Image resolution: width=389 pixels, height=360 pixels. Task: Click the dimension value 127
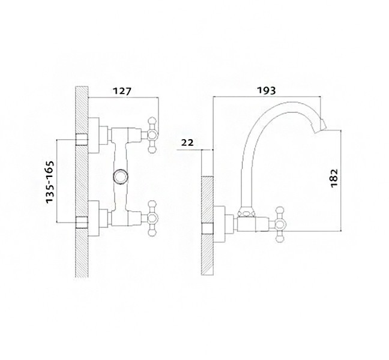coord(122,91)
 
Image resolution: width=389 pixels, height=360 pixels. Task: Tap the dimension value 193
coord(266,91)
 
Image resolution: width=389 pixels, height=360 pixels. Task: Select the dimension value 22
coord(187,143)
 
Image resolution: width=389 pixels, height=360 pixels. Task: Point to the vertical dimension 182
coord(334,178)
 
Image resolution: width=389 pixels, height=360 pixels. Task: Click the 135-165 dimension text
coord(50,182)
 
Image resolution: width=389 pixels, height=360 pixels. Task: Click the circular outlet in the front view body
coord(121,176)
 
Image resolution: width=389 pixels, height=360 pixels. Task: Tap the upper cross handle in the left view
coord(152,135)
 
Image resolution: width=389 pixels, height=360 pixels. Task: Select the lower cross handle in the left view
coord(152,218)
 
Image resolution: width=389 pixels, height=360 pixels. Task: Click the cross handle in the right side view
coord(280,224)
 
